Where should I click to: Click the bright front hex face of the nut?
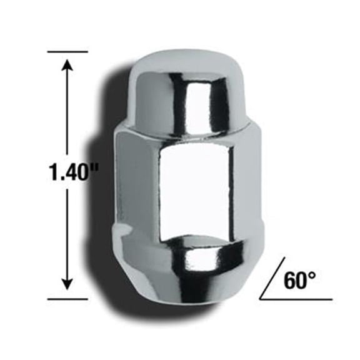tap(194, 187)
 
